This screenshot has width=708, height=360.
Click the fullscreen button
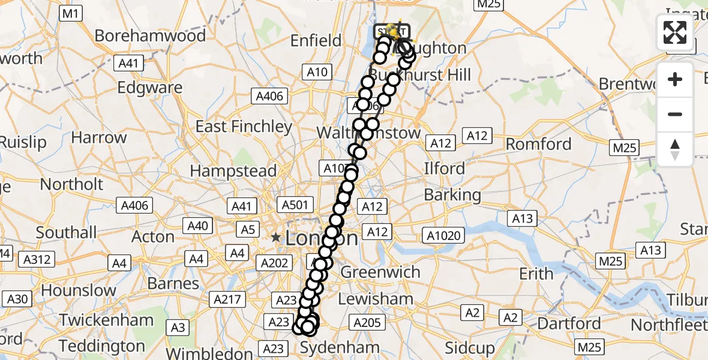(x=675, y=32)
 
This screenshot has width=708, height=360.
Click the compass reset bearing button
(x=675, y=149)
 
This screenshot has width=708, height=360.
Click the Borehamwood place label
(x=150, y=35)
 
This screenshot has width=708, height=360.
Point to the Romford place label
(x=539, y=144)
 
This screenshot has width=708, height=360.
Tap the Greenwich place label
(x=380, y=272)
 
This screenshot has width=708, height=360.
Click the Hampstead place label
(x=233, y=171)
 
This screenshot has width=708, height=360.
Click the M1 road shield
(x=71, y=13)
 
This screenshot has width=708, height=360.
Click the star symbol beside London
(x=275, y=238)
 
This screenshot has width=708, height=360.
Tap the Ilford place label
(x=445, y=168)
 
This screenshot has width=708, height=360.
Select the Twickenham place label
(x=106, y=320)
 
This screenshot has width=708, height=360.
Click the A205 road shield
(x=367, y=323)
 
